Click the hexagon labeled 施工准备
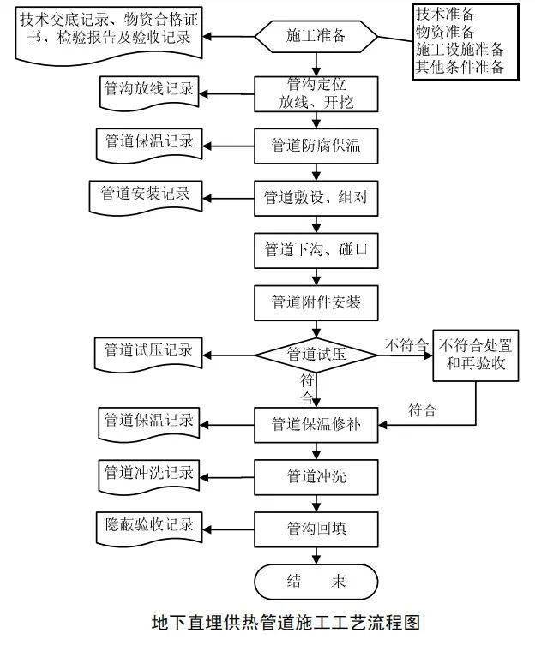click(316, 36)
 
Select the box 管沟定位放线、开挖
click(316, 93)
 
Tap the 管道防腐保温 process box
click(316, 146)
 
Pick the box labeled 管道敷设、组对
click(316, 197)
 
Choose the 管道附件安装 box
click(316, 302)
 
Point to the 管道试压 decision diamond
click(316, 354)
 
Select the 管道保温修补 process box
click(316, 424)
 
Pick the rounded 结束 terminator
click(316, 582)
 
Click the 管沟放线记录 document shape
click(147, 90)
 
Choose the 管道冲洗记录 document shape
click(147, 473)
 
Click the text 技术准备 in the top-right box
click(444, 14)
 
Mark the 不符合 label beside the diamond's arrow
click(405, 345)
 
